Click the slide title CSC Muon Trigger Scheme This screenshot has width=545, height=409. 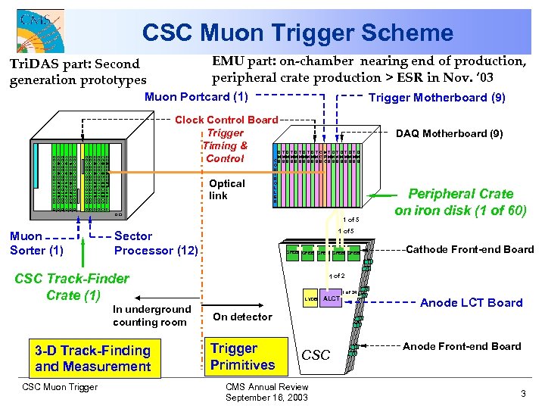tap(297, 33)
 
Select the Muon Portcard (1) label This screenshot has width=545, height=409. tap(196, 96)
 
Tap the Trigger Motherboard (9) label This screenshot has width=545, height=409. tap(437, 97)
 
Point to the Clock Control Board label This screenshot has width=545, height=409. tap(226, 120)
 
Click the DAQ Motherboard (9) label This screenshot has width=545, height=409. tap(449, 133)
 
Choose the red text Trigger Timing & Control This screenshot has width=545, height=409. tap(226, 145)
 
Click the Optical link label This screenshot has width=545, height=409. tap(227, 189)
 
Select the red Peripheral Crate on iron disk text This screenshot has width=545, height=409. tap(460, 201)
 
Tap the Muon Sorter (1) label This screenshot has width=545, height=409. tap(36, 243)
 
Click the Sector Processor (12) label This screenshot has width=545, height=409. tap(155, 243)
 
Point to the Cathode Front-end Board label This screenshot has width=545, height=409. tap(469, 249)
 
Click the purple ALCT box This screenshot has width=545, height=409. tap(332, 298)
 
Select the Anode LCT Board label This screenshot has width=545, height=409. tap(471, 302)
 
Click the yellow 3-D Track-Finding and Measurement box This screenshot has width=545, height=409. tap(92, 358)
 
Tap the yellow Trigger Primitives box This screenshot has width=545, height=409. tap(242, 357)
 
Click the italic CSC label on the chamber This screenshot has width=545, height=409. tap(316, 354)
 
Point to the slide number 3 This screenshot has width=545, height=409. tap(523, 394)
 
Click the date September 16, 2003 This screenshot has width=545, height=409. tap(266, 398)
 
